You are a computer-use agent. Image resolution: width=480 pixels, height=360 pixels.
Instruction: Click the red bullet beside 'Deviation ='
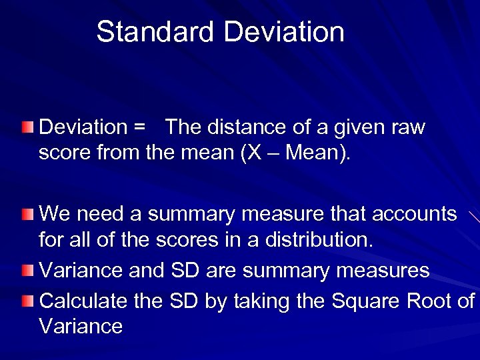(x=25, y=127)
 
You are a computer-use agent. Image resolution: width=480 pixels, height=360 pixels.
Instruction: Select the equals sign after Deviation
(x=139, y=127)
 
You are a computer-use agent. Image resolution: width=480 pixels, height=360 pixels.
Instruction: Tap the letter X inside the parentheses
(x=273, y=153)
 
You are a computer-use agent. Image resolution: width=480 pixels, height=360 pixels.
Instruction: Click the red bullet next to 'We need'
(x=25, y=214)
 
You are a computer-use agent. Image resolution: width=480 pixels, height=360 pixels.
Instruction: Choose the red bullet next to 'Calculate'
(x=25, y=301)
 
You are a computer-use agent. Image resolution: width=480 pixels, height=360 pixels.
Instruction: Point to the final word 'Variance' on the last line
(x=81, y=326)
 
